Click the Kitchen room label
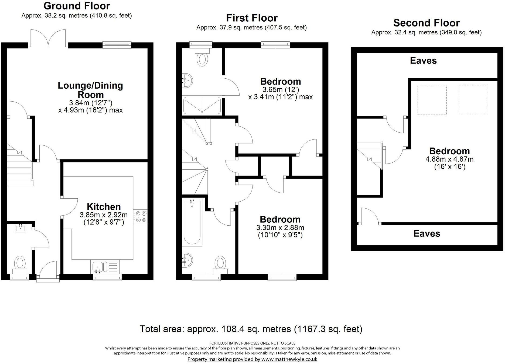[104, 207]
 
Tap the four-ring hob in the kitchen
[140, 217]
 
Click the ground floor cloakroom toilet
[20, 263]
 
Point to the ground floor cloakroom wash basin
[21, 229]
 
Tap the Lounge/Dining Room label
[90, 90]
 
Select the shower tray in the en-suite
[202, 106]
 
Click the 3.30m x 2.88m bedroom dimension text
[280, 228]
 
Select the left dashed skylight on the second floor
[432, 100]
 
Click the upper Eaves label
[423, 61]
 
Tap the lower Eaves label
[426, 233]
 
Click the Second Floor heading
[426, 23]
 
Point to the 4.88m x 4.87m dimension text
[449, 159]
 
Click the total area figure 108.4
[230, 329]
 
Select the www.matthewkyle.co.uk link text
[289, 359]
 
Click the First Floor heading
[251, 18]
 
